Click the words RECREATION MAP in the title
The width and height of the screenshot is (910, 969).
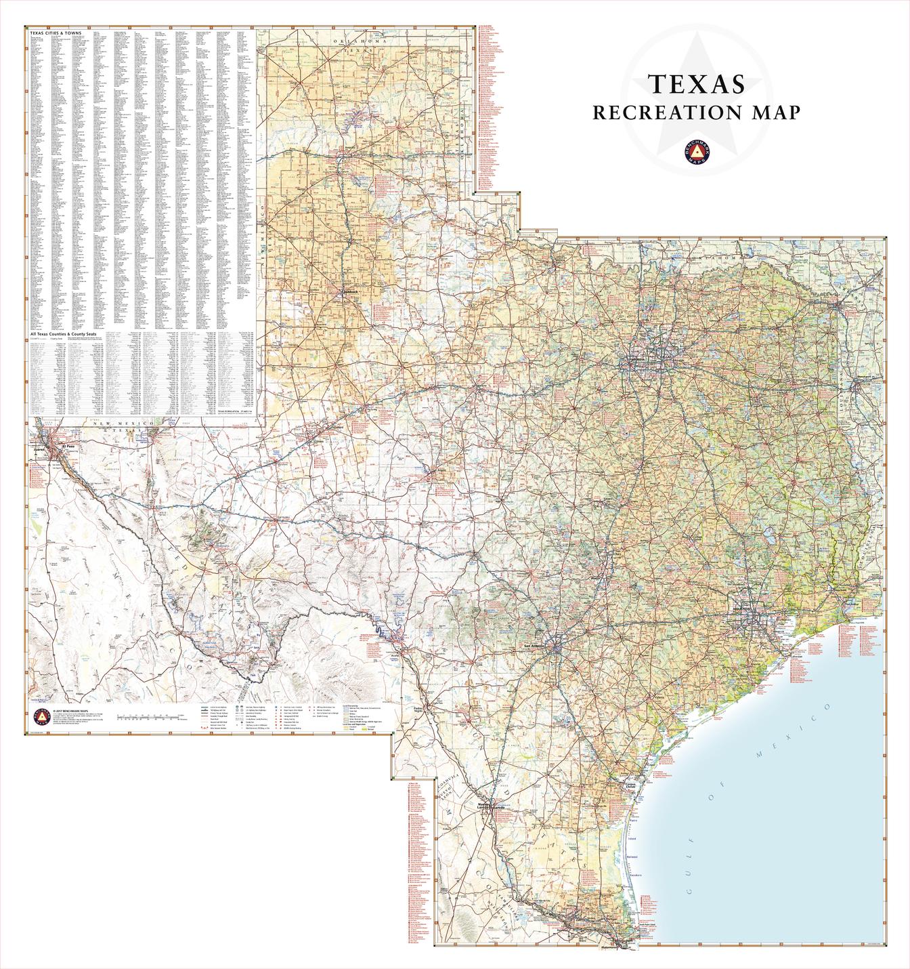point(696,112)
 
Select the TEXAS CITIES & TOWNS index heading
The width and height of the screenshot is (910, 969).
point(56,33)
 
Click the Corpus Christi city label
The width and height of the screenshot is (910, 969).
point(632,786)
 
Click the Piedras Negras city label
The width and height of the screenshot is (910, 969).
point(422,709)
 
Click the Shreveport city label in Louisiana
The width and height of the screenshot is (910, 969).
point(867,377)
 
